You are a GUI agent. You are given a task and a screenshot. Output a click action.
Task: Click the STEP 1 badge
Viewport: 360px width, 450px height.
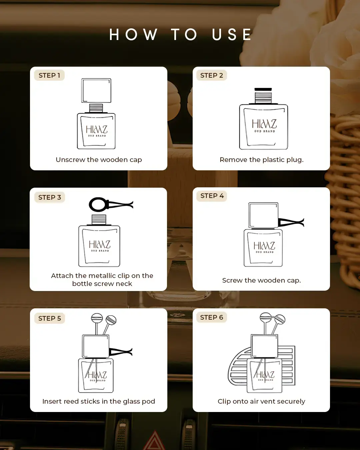click(x=49, y=75)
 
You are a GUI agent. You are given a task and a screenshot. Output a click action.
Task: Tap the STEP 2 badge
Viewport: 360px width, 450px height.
click(x=211, y=75)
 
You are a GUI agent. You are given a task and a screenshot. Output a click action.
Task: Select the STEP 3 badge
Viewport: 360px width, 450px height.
click(x=50, y=197)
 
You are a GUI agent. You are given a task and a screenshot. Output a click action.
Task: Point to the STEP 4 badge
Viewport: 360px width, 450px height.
click(x=212, y=196)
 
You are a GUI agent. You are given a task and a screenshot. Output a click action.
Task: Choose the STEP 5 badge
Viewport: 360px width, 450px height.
click(x=50, y=318)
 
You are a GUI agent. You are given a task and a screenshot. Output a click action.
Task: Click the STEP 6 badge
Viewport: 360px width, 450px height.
click(x=211, y=317)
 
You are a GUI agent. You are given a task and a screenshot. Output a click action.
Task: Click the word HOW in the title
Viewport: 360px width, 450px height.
click(x=133, y=35)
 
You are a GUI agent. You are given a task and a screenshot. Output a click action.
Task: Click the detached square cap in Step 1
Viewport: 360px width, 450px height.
click(x=96, y=90)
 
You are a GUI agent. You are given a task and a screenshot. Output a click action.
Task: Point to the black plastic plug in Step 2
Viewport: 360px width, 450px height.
click(x=263, y=89)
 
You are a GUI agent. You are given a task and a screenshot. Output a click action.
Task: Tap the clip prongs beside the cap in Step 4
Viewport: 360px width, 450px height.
click(x=291, y=222)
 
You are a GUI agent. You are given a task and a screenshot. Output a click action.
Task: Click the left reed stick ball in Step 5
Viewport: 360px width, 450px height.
click(x=97, y=318)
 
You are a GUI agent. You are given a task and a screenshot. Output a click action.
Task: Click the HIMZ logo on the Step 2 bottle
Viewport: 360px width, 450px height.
click(x=264, y=125)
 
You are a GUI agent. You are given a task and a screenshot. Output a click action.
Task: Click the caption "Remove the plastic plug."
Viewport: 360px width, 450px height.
click(x=261, y=160)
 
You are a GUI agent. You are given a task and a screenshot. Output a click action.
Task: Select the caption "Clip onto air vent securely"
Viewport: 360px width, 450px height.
click(x=261, y=401)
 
